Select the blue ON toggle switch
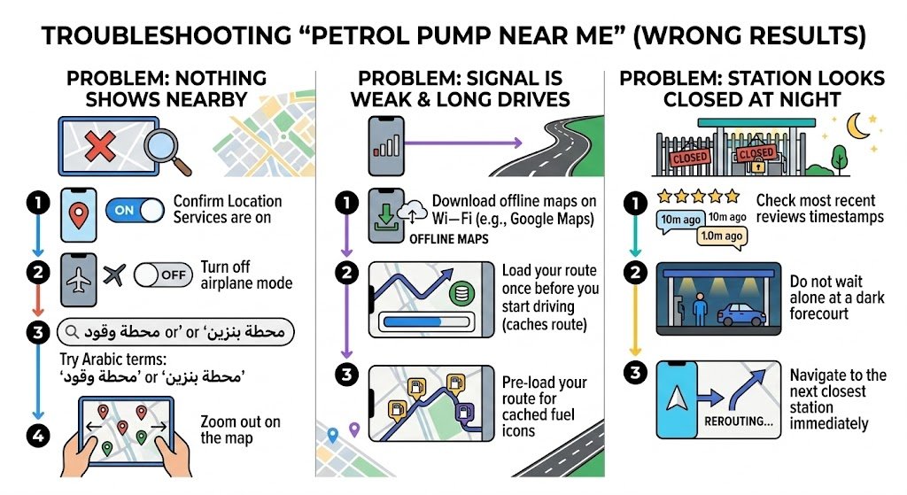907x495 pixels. point(135,210)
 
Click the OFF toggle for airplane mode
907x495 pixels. point(163,275)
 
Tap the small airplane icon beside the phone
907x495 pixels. point(113,275)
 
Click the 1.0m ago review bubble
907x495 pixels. point(720,236)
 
